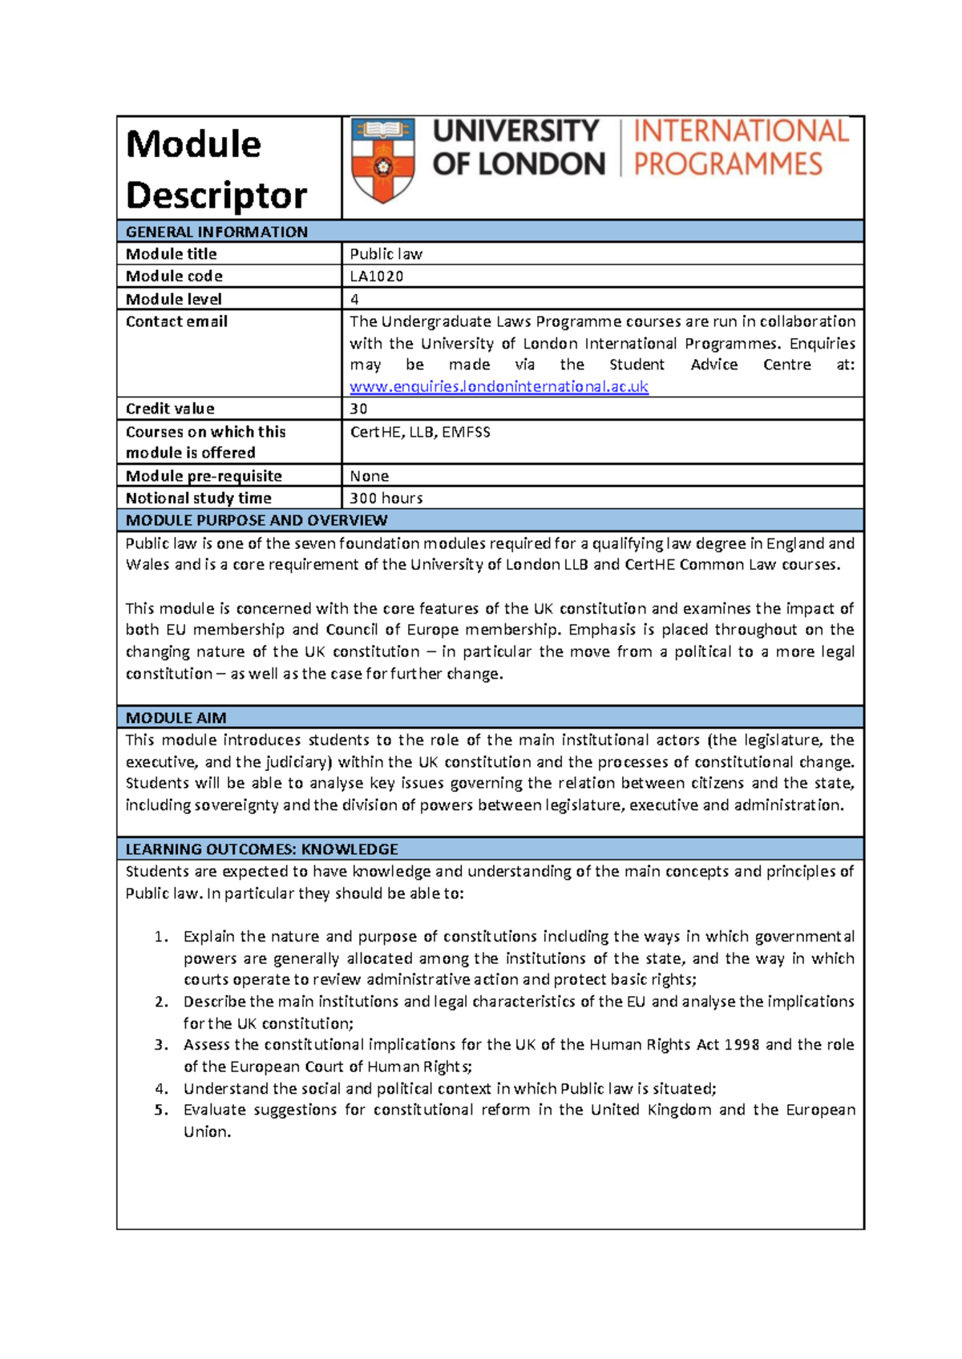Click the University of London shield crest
(383, 160)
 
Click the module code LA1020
(377, 276)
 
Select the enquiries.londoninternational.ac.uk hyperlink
(499, 387)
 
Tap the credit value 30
(358, 409)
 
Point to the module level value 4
(354, 300)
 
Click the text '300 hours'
(386, 498)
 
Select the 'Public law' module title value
(386, 254)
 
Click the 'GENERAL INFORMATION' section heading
(216, 232)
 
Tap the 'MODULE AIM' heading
(176, 718)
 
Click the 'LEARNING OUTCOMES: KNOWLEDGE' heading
(261, 849)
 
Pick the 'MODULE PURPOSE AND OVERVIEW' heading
(257, 521)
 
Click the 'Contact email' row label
(176, 321)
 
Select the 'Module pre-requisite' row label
(204, 476)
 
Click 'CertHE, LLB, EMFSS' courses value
(420, 433)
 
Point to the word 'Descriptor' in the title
(216, 196)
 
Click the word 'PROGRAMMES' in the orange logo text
(728, 164)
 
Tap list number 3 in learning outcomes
(161, 1045)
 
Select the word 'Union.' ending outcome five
(207, 1132)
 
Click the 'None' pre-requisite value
(369, 476)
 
